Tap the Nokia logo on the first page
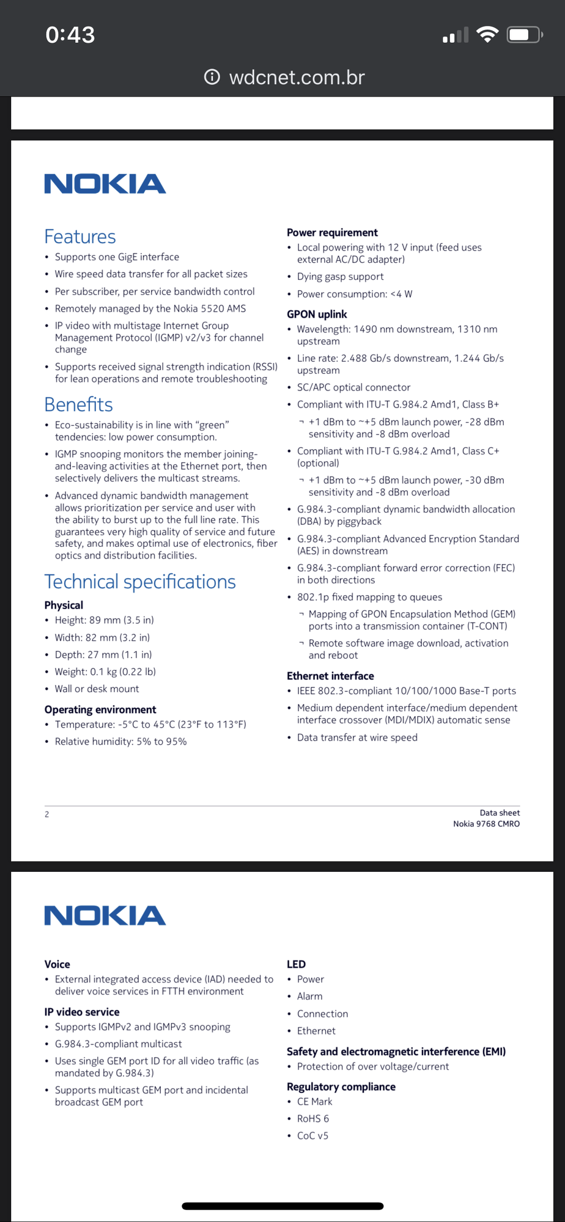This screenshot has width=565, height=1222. [105, 184]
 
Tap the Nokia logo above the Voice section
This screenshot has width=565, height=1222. [105, 915]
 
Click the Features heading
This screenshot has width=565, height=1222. [80, 236]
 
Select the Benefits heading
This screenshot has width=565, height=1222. [79, 404]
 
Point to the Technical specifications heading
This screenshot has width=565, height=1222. [140, 582]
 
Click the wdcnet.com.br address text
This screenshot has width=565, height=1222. [297, 78]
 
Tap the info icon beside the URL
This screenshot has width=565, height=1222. [212, 77]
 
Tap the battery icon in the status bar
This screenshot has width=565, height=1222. [524, 35]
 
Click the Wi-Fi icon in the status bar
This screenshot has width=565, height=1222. [487, 35]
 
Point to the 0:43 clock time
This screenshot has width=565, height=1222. [70, 35]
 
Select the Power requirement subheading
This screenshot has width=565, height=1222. [332, 233]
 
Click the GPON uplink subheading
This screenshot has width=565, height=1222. [317, 314]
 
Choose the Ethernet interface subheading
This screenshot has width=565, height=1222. [330, 676]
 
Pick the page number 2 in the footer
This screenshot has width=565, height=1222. [46, 814]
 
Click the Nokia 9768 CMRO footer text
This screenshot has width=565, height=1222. [486, 824]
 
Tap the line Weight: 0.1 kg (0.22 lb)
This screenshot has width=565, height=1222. [105, 671]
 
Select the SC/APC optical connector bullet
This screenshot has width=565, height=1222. [353, 387]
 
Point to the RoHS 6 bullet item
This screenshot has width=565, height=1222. [313, 1118]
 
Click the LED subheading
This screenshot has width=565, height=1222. [296, 964]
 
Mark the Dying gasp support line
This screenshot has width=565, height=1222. [340, 277]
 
